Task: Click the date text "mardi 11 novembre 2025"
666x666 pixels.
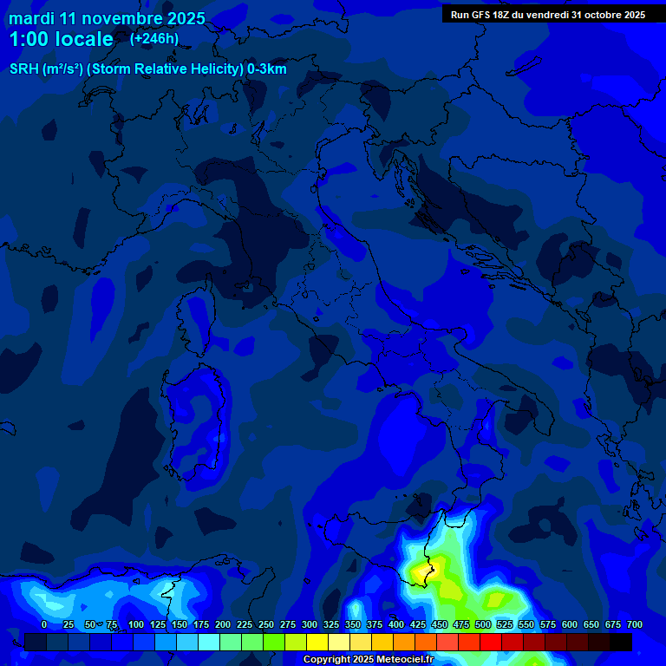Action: coord(107,18)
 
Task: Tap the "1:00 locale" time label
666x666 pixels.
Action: coord(61,39)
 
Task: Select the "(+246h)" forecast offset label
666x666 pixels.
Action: coord(154,38)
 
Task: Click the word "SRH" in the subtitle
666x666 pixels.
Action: coord(23,69)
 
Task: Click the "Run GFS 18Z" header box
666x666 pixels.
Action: coord(547,15)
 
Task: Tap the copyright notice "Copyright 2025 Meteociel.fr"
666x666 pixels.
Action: coord(368,659)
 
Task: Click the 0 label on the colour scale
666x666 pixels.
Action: coord(44,624)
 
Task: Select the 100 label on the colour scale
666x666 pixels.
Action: coord(135,624)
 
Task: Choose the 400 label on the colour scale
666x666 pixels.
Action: coord(396,624)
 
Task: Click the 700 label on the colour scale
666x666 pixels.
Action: coord(635,624)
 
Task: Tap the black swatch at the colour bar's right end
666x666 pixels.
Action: coord(621,642)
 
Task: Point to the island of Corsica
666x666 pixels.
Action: coord(199,317)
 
